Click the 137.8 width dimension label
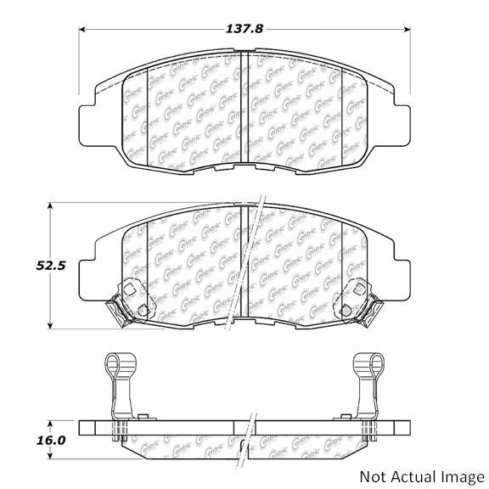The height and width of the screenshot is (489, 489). pos(244,28)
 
